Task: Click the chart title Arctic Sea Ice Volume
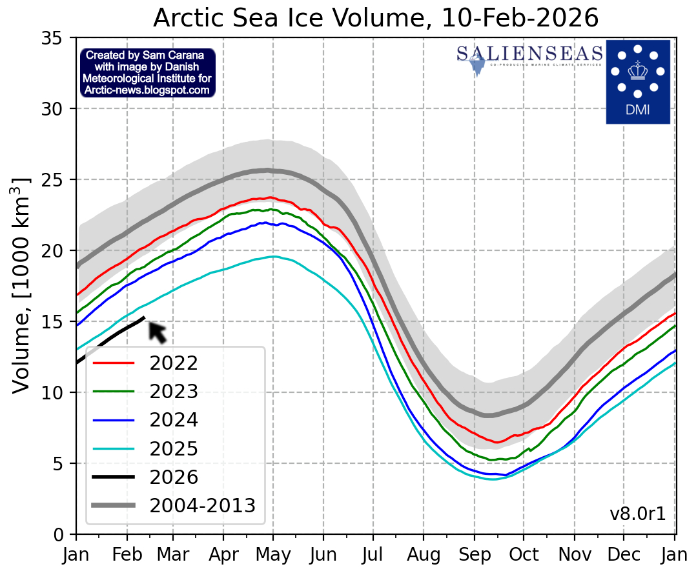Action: pyautogui.click(x=376, y=18)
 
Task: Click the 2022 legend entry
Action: pyautogui.click(x=174, y=363)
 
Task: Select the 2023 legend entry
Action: pyautogui.click(x=174, y=392)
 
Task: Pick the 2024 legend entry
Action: pyautogui.click(x=174, y=420)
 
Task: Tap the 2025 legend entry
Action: pyautogui.click(x=174, y=449)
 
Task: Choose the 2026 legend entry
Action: pyautogui.click(x=174, y=477)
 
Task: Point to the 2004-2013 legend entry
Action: pyautogui.click(x=202, y=506)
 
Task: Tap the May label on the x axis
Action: pyautogui.click(x=273, y=553)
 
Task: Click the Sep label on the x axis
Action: pyautogui.click(x=474, y=553)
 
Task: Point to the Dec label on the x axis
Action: pyautogui.click(x=624, y=553)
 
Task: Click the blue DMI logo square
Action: pyautogui.click(x=637, y=81)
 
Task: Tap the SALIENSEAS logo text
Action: pyautogui.click(x=529, y=53)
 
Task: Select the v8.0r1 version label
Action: pyautogui.click(x=637, y=514)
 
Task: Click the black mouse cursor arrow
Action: pyautogui.click(x=157, y=331)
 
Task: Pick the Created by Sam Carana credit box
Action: pyautogui.click(x=147, y=73)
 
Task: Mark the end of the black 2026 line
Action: pyautogui.click(x=143, y=317)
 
